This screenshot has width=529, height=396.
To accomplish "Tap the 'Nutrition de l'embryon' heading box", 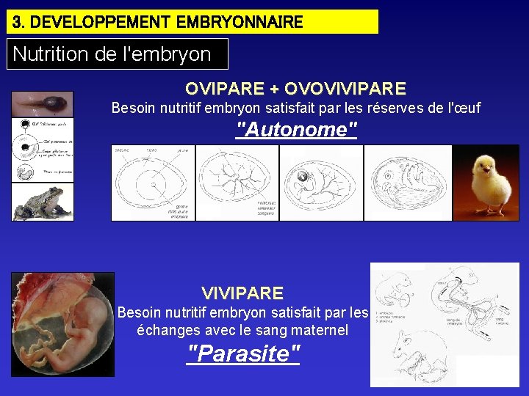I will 118,54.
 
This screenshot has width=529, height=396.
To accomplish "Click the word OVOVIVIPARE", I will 345,89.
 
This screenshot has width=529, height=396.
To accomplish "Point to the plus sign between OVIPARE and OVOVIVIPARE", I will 274,89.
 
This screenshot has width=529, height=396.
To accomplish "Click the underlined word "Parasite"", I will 243,353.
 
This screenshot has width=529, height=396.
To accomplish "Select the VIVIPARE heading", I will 242,293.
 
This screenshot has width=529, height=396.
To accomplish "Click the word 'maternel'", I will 319,330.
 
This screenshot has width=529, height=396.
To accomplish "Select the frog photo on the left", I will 42,202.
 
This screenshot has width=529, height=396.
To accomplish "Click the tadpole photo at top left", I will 42,103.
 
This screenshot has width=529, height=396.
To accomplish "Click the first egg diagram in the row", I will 152,183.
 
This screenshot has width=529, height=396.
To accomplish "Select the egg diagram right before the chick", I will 407,183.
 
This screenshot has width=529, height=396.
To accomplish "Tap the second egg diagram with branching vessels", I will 237,183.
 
